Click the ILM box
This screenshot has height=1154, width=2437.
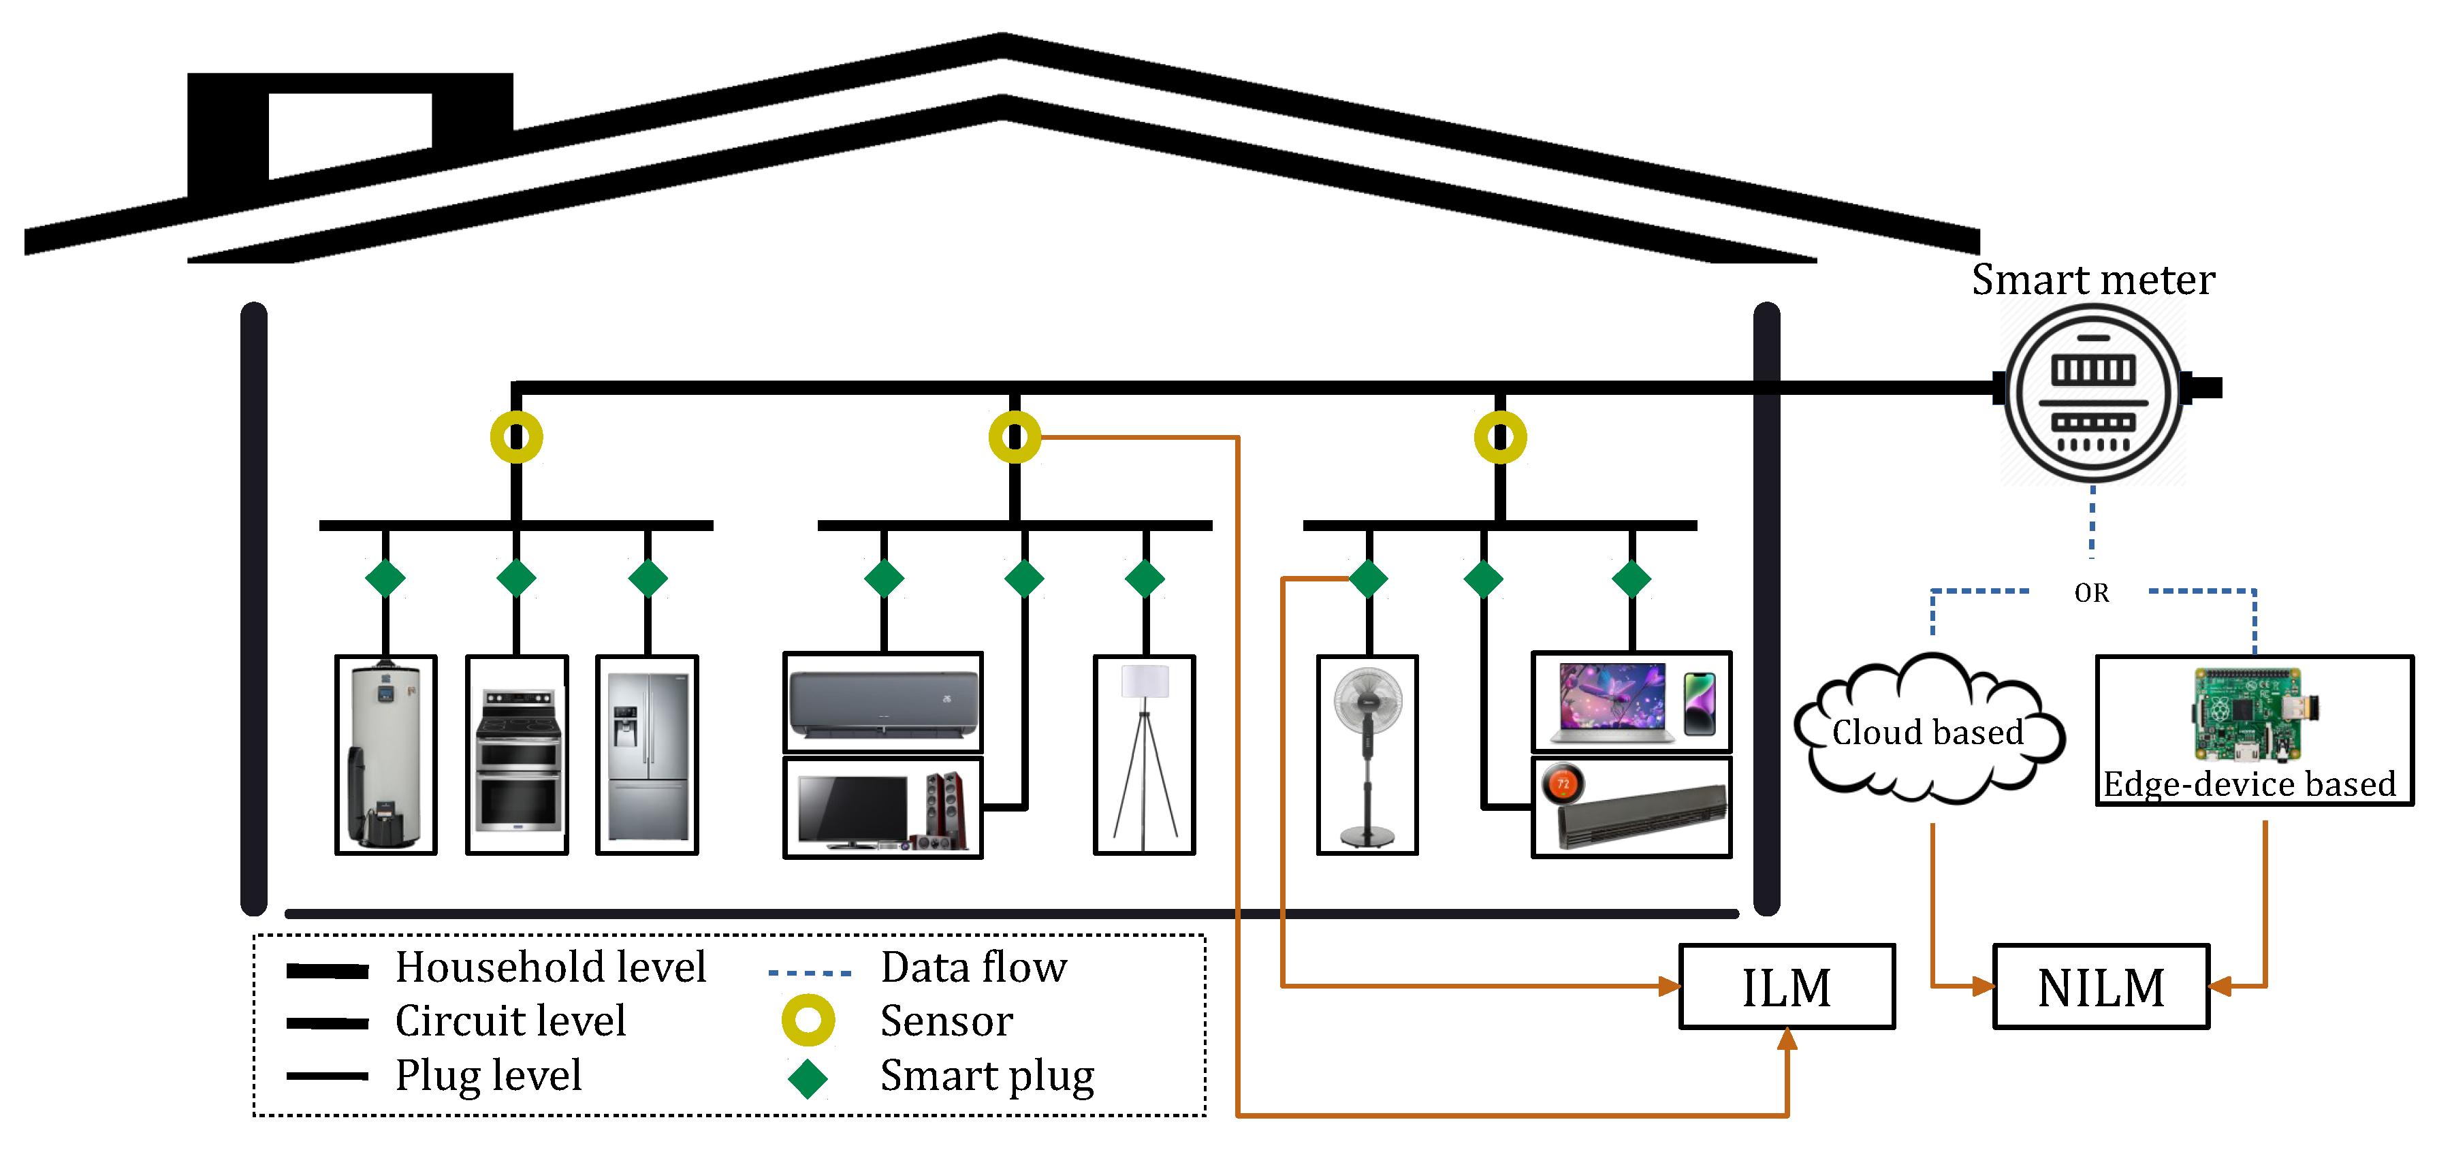click(x=1786, y=987)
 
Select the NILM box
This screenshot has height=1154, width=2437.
click(x=2100, y=987)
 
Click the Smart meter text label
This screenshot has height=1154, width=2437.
click(x=2092, y=280)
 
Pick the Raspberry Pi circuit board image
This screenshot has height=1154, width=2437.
click(x=2255, y=714)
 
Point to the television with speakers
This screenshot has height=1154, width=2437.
click(x=882, y=809)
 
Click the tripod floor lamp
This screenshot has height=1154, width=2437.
click(x=1145, y=755)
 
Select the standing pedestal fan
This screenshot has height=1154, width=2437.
click(x=1367, y=755)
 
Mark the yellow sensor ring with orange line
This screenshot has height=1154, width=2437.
click(x=1015, y=437)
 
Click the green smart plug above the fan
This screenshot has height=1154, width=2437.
click(x=1368, y=579)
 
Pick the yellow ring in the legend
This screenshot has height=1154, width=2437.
click(x=808, y=1021)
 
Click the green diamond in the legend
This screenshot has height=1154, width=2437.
click(x=808, y=1077)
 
